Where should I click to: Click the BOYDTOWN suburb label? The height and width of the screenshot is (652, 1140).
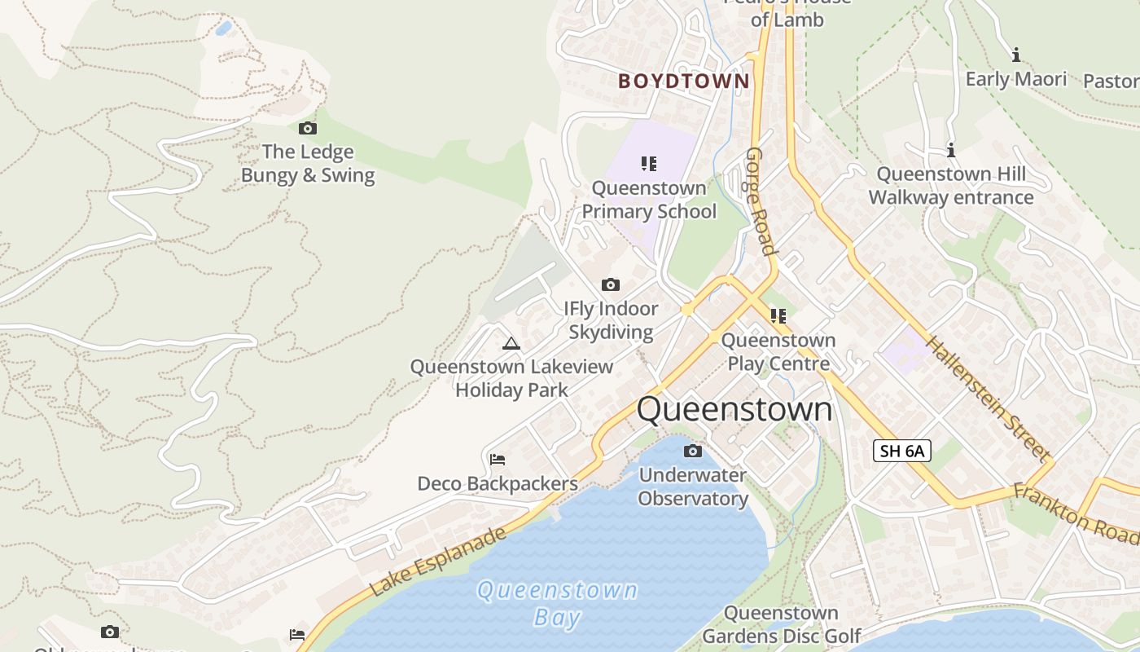[x=683, y=81]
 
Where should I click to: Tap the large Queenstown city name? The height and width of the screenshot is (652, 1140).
[x=734, y=409]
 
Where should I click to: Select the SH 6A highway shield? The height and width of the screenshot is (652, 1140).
[x=902, y=451]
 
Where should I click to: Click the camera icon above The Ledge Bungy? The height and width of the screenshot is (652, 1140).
[x=308, y=128]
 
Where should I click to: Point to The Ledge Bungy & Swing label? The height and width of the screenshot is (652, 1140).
[x=308, y=164]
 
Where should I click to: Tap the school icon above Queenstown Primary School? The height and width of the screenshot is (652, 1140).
[x=649, y=164]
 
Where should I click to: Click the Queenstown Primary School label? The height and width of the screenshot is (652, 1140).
[x=649, y=200]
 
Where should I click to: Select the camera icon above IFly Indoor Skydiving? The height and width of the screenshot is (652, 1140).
[x=610, y=284]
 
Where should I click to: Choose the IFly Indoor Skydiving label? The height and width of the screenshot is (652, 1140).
[x=611, y=320]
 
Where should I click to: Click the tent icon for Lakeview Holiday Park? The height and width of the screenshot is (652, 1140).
[x=511, y=343]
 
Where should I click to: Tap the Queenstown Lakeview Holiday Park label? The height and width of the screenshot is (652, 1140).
[x=511, y=378]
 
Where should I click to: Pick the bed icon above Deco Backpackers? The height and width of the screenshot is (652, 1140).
[x=498, y=460]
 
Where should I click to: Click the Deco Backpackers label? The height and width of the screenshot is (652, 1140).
[x=498, y=483]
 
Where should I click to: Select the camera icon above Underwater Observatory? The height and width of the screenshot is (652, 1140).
[x=693, y=451]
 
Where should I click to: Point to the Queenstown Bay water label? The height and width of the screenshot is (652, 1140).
[x=557, y=603]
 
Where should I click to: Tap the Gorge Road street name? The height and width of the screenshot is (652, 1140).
[x=759, y=201]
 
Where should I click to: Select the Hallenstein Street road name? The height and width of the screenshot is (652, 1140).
[x=986, y=398]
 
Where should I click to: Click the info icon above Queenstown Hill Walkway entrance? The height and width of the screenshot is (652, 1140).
[x=950, y=150]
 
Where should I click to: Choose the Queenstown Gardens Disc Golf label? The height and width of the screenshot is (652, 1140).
[x=781, y=624]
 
